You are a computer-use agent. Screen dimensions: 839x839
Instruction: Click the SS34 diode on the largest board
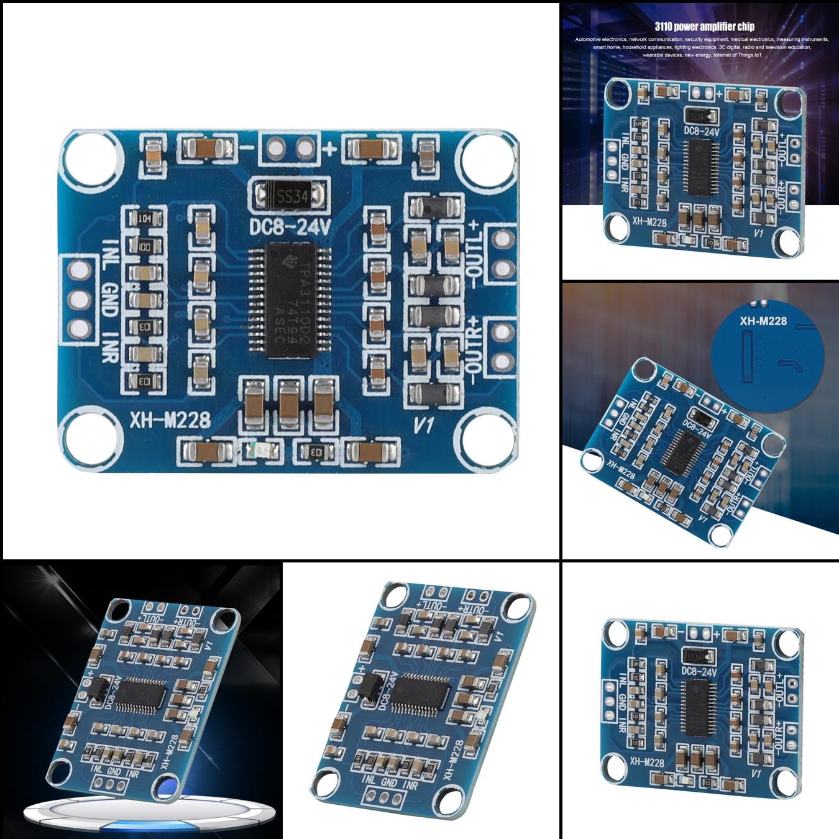tap(290, 196)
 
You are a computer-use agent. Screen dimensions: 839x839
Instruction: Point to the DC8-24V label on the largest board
tap(290, 228)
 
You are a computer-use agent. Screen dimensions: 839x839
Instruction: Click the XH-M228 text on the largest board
tap(170, 421)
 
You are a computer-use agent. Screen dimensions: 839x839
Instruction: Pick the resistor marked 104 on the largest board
tap(144, 219)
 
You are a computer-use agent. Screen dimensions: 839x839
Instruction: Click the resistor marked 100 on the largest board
tap(144, 246)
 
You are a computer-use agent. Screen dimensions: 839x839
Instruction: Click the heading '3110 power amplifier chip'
tap(704, 26)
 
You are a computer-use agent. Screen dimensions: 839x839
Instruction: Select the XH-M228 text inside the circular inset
tap(763, 321)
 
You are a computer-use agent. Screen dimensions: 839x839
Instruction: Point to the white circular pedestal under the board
tap(149, 814)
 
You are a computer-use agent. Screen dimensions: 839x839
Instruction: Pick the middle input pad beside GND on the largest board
tap(79, 300)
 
